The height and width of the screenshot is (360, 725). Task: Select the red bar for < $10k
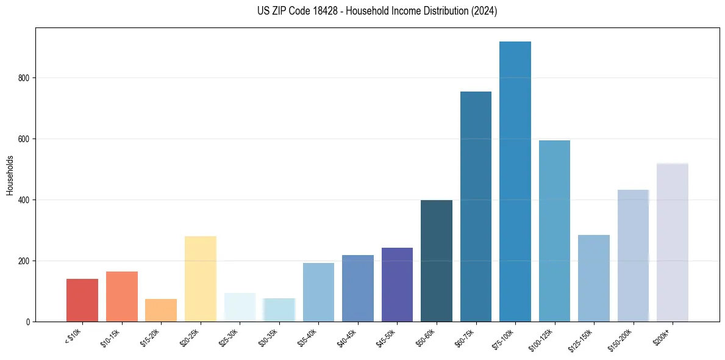(x=82, y=300)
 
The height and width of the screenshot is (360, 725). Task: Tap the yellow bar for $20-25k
(x=200, y=279)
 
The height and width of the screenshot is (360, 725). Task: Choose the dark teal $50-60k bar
(x=436, y=261)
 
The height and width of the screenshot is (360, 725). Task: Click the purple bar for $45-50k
(x=397, y=284)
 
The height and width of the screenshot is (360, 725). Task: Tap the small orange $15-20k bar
(x=161, y=310)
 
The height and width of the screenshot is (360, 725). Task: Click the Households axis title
(x=10, y=175)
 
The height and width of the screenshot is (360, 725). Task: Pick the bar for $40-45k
(x=357, y=288)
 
